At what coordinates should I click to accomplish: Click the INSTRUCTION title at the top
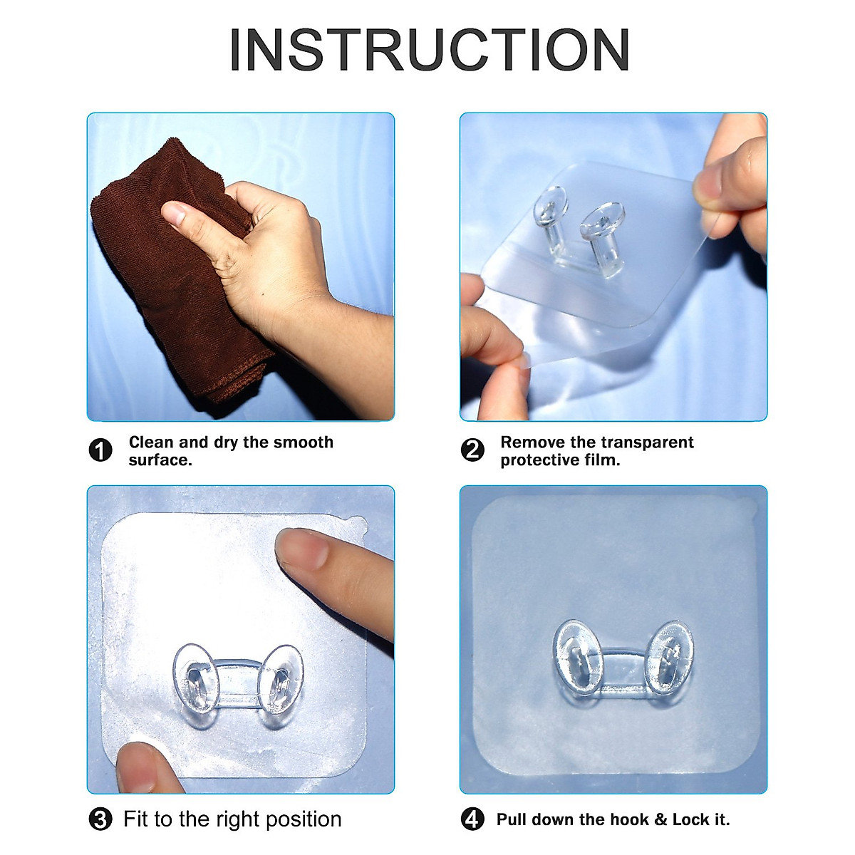[x=429, y=50]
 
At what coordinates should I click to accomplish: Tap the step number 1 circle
[x=100, y=451]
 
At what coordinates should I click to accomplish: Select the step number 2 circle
[x=472, y=451]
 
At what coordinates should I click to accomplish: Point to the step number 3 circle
[x=100, y=819]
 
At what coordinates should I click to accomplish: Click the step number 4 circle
[x=472, y=819]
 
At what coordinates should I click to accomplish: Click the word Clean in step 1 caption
[x=151, y=442]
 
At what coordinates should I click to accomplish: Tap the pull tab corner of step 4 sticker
[x=749, y=507]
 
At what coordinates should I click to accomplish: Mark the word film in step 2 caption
[x=603, y=460]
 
